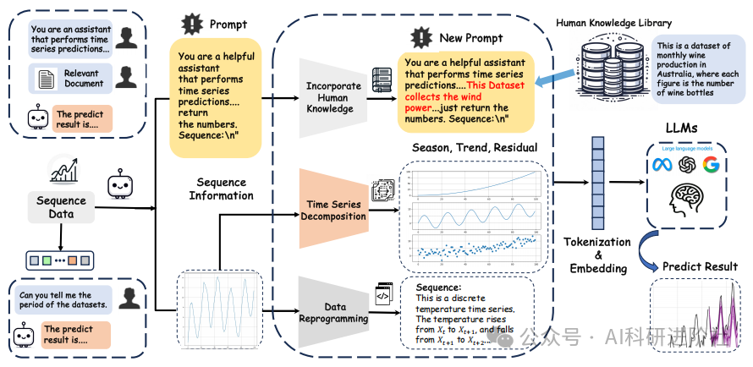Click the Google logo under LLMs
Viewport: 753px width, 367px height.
coord(711,164)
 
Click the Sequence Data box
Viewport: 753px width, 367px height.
coord(61,207)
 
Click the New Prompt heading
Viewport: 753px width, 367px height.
coord(470,38)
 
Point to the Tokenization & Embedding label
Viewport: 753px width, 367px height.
coord(598,255)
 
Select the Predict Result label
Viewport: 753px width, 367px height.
coord(700,266)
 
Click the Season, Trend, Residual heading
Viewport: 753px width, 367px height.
coord(475,148)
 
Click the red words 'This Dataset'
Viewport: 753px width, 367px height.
coord(496,85)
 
